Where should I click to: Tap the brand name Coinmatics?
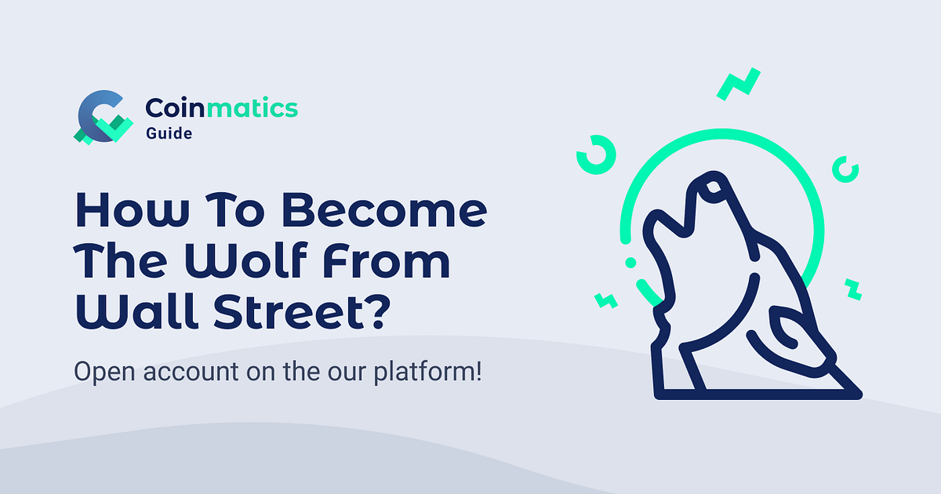222,107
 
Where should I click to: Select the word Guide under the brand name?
169,133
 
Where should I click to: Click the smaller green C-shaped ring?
846,168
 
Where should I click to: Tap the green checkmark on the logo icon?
116,129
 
